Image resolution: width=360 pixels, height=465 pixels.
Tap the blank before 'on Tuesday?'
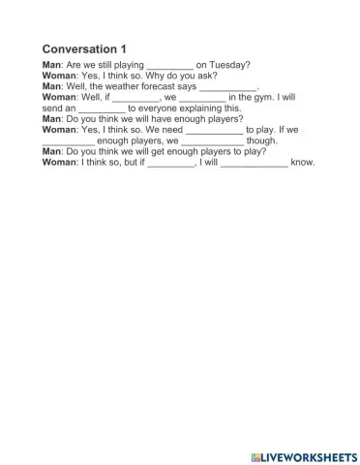point(169,67)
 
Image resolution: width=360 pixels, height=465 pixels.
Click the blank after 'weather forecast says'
point(228,88)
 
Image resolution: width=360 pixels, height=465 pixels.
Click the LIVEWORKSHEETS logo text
point(307,454)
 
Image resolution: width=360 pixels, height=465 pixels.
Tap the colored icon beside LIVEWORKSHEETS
point(254,454)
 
